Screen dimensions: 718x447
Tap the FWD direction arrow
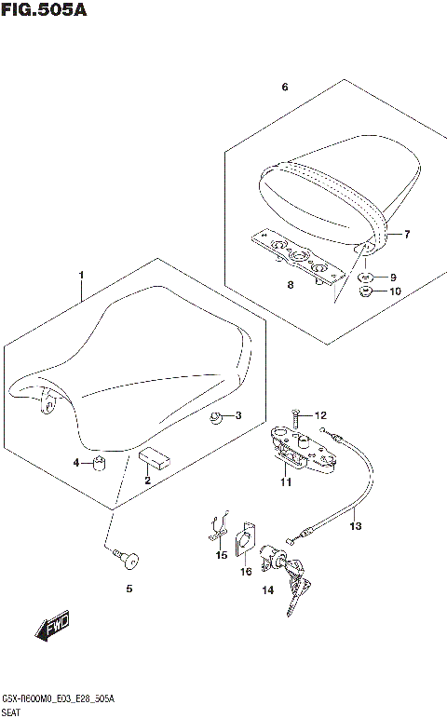53,630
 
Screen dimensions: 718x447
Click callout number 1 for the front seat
82,275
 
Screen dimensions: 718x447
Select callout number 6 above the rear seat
285,88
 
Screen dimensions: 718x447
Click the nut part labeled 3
216,416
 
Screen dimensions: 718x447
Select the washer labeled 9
366,278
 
